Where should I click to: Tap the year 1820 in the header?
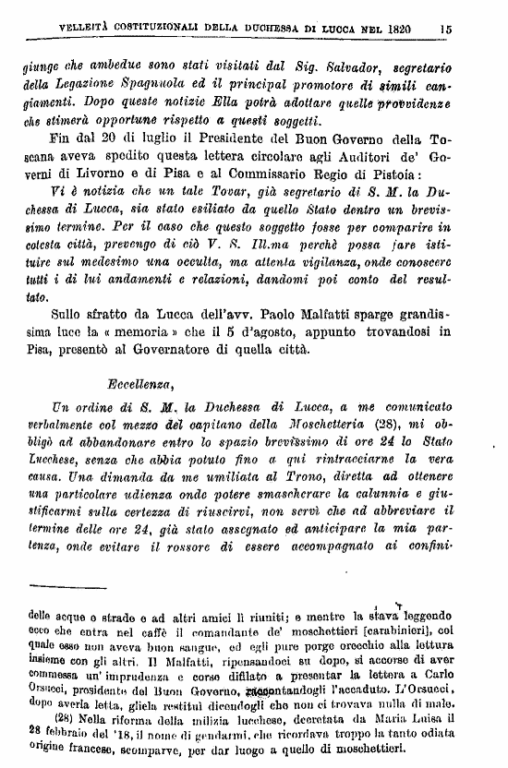398,30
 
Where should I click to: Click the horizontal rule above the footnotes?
68,588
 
